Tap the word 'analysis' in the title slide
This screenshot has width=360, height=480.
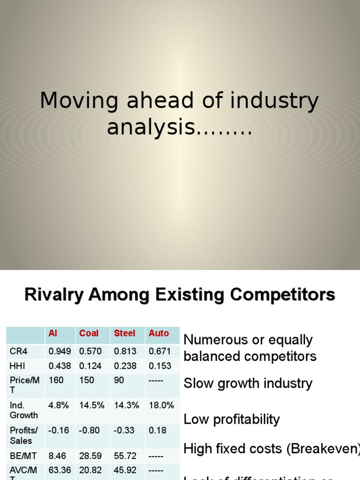click(x=150, y=127)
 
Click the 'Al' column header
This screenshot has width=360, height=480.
click(x=53, y=333)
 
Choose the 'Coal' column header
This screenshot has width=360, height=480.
click(x=89, y=333)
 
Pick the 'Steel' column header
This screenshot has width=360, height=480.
click(x=124, y=333)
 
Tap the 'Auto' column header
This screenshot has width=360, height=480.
click(x=158, y=333)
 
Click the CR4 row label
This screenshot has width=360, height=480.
click(x=18, y=351)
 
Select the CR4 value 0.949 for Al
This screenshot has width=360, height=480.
click(x=60, y=351)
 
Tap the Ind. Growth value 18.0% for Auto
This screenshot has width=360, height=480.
click(x=161, y=405)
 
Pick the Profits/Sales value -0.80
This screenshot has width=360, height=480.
click(x=90, y=430)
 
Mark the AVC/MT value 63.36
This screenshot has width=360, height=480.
click(x=60, y=469)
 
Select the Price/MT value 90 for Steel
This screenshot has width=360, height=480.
click(x=119, y=380)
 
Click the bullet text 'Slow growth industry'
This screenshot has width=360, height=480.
click(x=247, y=383)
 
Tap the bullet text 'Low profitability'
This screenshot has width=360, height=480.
click(x=232, y=420)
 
